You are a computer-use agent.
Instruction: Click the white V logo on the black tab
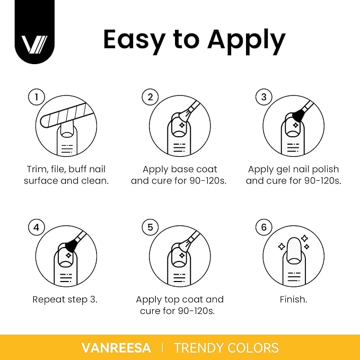[34, 45]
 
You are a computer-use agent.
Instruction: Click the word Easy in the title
[134, 40]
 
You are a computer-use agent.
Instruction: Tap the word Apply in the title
[247, 41]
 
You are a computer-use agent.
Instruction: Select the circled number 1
[37, 97]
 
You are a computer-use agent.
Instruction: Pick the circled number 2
[150, 97]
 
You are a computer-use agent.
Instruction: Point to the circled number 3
[264, 97]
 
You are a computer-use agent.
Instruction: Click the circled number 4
[37, 227]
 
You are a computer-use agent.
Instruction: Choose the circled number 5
[150, 227]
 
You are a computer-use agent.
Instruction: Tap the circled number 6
[264, 227]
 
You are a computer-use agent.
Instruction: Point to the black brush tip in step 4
[71, 245]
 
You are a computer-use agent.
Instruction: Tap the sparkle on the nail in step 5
[182, 256]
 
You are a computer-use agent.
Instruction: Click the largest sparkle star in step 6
[305, 238]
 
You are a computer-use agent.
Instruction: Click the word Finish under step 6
[293, 300]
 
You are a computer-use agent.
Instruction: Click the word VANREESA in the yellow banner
[117, 348]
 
